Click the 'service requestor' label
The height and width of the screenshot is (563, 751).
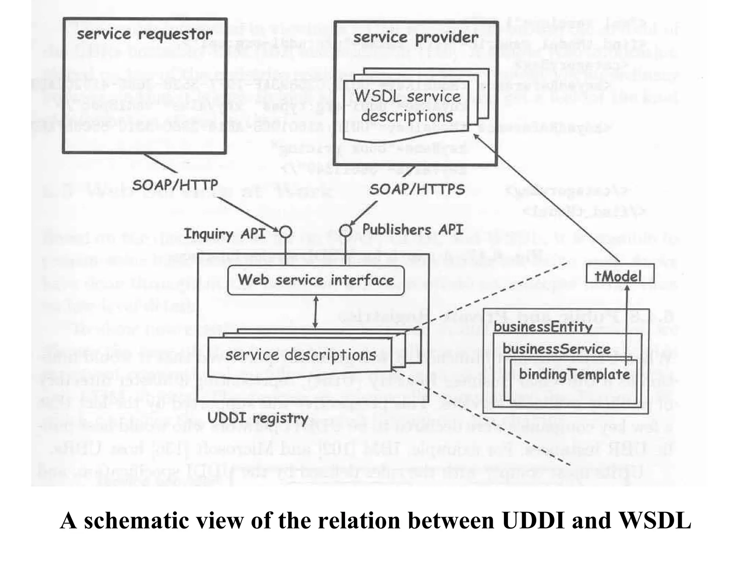coord(144,34)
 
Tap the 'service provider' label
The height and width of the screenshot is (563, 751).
coord(415,37)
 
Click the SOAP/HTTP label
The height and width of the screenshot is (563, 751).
coord(175,185)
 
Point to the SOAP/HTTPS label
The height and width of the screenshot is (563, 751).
coord(417,189)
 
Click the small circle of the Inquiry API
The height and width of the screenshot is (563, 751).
coord(285,232)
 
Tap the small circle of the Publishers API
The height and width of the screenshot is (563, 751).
coord(345,231)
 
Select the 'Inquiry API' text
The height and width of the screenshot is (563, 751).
coord(224,234)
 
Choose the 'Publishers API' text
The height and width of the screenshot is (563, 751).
coord(413,230)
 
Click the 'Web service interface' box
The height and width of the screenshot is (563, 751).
coord(316,280)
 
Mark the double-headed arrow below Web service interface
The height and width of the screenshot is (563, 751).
coord(315,313)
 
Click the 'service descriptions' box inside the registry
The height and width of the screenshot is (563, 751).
coord(300,356)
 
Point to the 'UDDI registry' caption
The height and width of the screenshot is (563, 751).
coord(257,418)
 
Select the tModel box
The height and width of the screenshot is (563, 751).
coord(619,274)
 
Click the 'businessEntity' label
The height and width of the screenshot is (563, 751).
coord(543,326)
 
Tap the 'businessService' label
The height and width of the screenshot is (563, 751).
coord(556,349)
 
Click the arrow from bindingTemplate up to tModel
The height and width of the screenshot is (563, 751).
coord(627,323)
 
